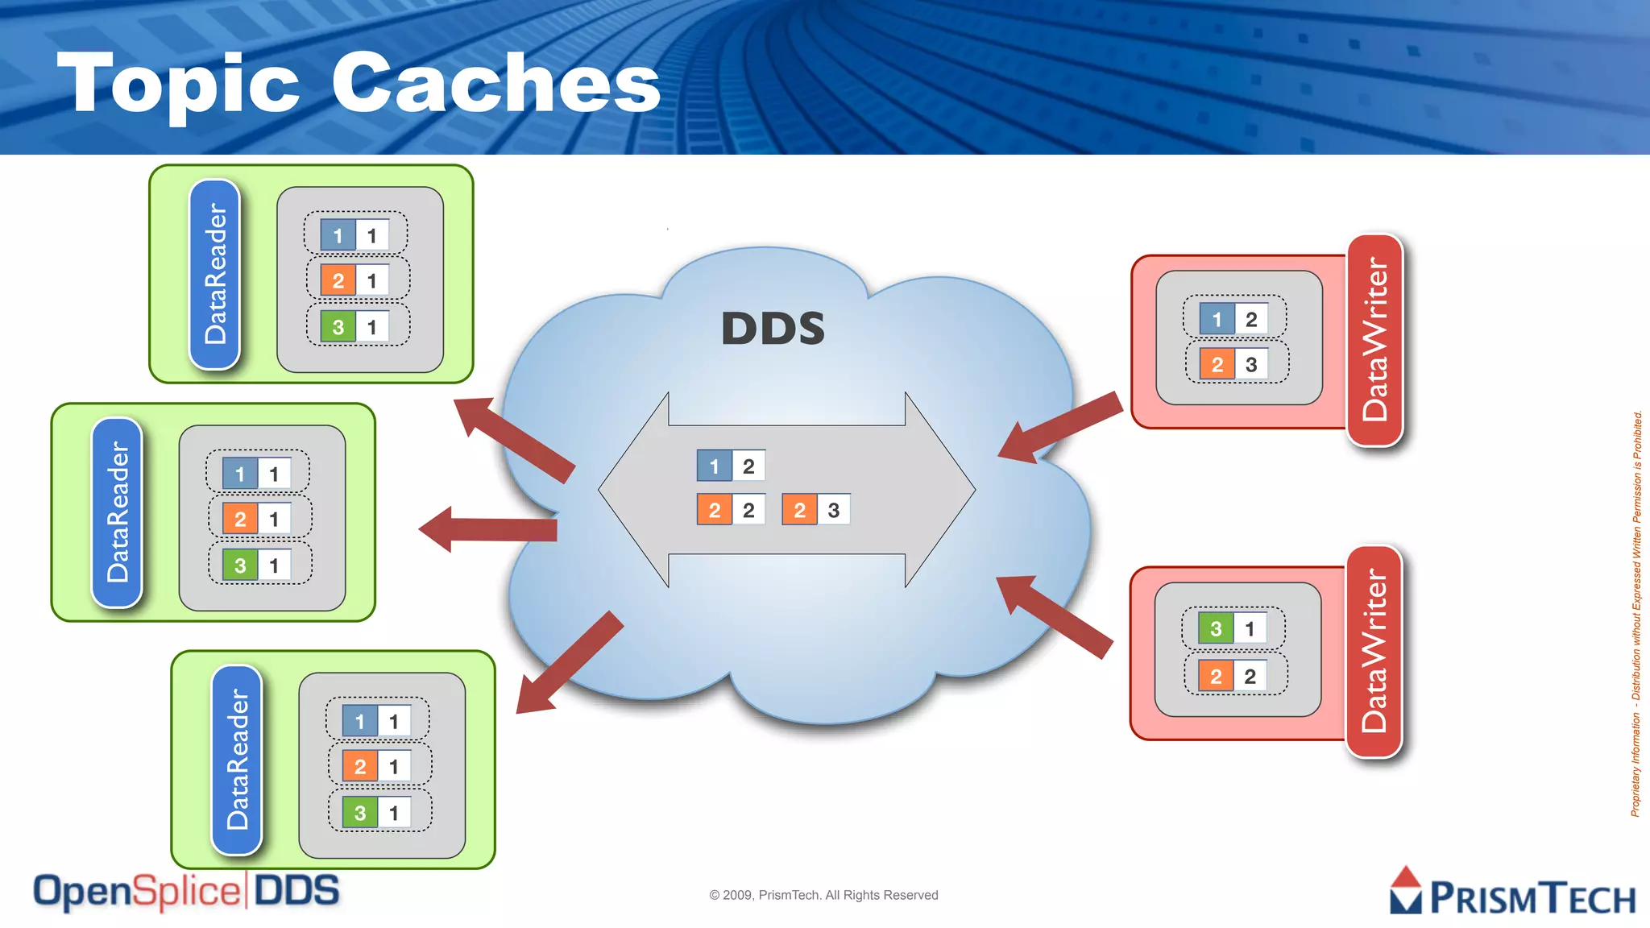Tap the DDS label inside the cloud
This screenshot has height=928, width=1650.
(773, 329)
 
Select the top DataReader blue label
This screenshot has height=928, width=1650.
(215, 274)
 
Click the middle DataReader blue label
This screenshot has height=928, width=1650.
(118, 512)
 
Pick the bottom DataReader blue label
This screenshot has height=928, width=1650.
(237, 759)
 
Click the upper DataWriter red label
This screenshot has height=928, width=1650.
(1374, 340)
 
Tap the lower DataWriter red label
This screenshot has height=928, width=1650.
(1374, 652)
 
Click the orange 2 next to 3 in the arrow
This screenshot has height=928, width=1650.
(798, 510)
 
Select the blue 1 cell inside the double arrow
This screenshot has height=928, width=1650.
(714, 466)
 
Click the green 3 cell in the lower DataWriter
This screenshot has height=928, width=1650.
(1216, 628)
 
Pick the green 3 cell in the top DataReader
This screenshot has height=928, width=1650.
(338, 327)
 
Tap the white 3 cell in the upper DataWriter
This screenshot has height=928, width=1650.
(1251, 364)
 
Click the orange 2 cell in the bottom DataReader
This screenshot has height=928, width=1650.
(359, 766)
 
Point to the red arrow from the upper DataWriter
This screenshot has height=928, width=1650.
(1060, 427)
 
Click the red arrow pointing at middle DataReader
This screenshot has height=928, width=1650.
(487, 529)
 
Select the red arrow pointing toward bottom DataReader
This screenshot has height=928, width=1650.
(568, 663)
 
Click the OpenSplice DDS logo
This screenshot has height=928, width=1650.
(186, 892)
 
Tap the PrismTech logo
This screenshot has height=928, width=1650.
(1512, 892)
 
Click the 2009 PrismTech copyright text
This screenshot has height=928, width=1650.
(823, 895)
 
